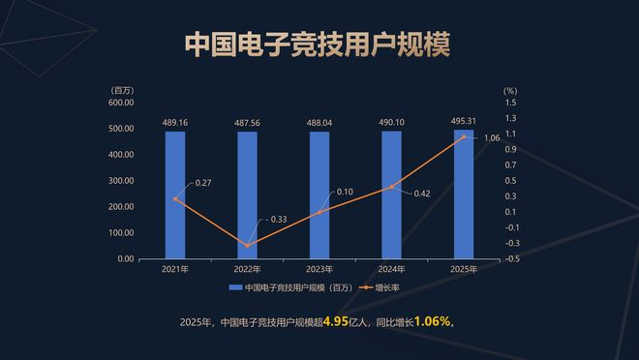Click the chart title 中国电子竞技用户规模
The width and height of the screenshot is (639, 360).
coord(319,45)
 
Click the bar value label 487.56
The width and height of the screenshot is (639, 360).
coord(247,123)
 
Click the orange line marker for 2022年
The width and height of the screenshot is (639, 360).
coord(247,246)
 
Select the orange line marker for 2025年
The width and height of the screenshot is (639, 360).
coord(464,136)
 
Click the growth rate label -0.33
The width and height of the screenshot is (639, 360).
coord(277,220)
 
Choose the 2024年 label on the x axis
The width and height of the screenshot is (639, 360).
coord(391,269)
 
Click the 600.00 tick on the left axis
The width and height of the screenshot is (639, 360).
coord(120,103)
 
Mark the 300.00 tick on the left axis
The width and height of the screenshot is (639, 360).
coord(120,181)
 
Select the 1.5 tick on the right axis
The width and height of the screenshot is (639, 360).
coord(510,103)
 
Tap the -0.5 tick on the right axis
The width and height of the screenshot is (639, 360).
coord(510,258)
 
